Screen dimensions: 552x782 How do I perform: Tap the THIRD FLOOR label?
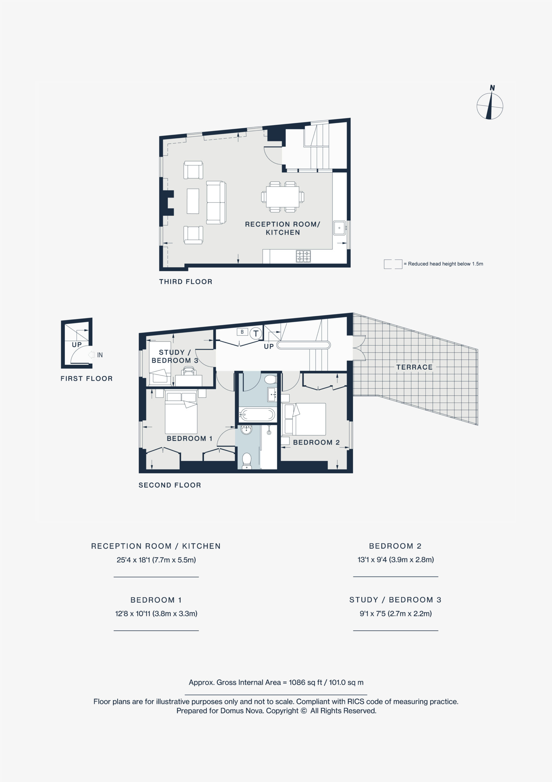click(x=186, y=282)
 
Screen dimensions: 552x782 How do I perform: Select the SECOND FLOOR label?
click(x=170, y=485)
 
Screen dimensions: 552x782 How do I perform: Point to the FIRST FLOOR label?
click(x=86, y=378)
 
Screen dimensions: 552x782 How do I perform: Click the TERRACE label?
click(x=414, y=367)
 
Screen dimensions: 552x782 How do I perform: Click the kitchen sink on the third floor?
click(x=339, y=228)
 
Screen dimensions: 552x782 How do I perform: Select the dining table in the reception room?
click(x=282, y=197)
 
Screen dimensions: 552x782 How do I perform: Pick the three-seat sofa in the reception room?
click(x=216, y=202)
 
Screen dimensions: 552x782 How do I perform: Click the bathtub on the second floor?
click(x=257, y=415)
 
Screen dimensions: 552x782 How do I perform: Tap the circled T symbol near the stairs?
click(x=256, y=334)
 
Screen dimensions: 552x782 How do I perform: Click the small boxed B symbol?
click(x=242, y=332)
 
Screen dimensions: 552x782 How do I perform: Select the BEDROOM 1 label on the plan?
click(x=190, y=438)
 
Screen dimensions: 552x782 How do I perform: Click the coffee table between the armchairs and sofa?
click(x=193, y=201)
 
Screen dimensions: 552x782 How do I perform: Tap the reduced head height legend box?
click(x=393, y=264)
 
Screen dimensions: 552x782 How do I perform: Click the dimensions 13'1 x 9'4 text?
click(x=396, y=559)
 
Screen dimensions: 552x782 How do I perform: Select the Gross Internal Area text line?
click(x=276, y=682)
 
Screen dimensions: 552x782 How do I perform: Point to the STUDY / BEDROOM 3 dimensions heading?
click(x=395, y=599)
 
